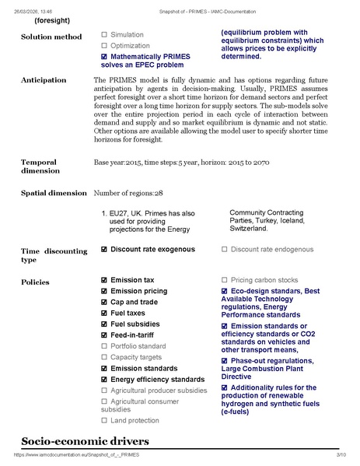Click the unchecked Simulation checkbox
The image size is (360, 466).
click(104, 35)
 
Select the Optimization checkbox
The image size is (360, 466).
click(104, 46)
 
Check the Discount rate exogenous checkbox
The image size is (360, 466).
click(104, 250)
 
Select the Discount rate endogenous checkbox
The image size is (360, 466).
click(225, 250)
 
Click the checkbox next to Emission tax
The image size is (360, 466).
click(104, 280)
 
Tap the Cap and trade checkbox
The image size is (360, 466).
click(104, 302)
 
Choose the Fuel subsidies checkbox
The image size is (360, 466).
click(104, 324)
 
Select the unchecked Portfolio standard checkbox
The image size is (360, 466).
click(104, 346)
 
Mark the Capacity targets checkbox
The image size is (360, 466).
click(104, 357)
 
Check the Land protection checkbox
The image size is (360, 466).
click(104, 421)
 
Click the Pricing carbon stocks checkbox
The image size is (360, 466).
click(225, 280)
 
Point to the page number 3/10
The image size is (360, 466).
click(341, 454)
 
